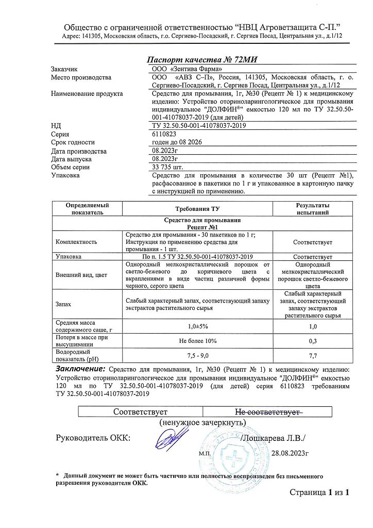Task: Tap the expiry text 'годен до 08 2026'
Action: click(x=177, y=142)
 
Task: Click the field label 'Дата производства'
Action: click(x=79, y=151)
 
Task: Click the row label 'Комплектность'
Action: click(x=77, y=241)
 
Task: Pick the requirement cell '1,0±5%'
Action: click(x=198, y=326)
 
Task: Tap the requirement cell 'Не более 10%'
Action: click(x=198, y=341)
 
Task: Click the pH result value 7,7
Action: click(x=313, y=356)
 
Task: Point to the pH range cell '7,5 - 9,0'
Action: click(x=198, y=356)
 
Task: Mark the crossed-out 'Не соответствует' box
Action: click(x=267, y=411)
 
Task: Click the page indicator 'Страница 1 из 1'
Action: click(x=319, y=492)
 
